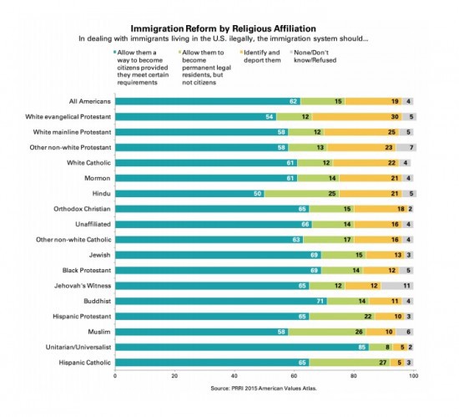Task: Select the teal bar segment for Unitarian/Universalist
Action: (x=241, y=345)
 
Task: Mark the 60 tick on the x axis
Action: (x=294, y=377)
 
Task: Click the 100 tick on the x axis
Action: (x=412, y=377)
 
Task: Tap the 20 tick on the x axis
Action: (x=174, y=377)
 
